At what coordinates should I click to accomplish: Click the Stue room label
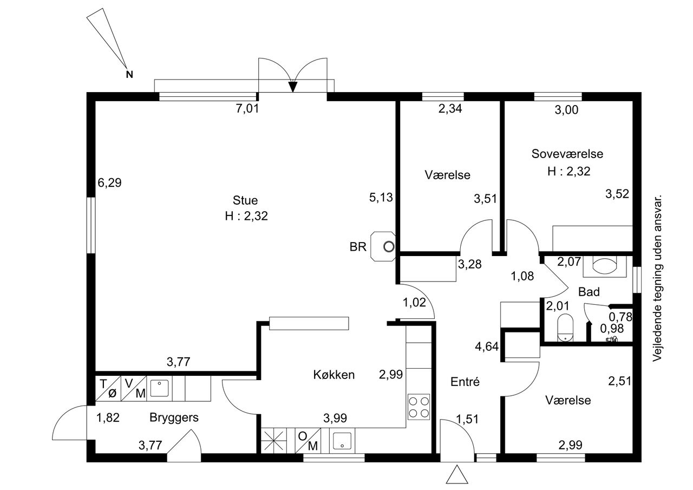pyautogui.click(x=245, y=200)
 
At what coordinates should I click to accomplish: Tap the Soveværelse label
pyautogui.click(x=567, y=154)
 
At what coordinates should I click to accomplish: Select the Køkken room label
pyautogui.click(x=334, y=375)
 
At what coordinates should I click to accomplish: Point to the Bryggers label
pyautogui.click(x=174, y=417)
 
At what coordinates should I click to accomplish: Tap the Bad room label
pyautogui.click(x=589, y=292)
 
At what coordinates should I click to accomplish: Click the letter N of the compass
pyautogui.click(x=129, y=75)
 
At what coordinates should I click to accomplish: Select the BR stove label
pyautogui.click(x=358, y=247)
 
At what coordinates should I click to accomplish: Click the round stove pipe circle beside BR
pyautogui.click(x=389, y=247)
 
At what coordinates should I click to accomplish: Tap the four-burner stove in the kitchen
pyautogui.click(x=419, y=407)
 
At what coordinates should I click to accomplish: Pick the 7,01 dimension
pyautogui.click(x=247, y=109)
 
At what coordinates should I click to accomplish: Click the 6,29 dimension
pyautogui.click(x=109, y=182)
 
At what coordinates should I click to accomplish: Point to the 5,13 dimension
pyautogui.click(x=381, y=197)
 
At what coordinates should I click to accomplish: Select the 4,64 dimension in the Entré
pyautogui.click(x=487, y=347)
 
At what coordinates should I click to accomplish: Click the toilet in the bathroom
pyautogui.click(x=565, y=328)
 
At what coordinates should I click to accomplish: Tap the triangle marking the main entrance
pyautogui.click(x=456, y=474)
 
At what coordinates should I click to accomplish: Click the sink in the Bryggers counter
pyautogui.click(x=159, y=388)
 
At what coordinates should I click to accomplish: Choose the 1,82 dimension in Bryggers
pyautogui.click(x=108, y=417)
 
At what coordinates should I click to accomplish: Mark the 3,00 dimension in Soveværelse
pyautogui.click(x=566, y=110)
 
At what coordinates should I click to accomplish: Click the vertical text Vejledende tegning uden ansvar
pyautogui.click(x=657, y=278)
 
